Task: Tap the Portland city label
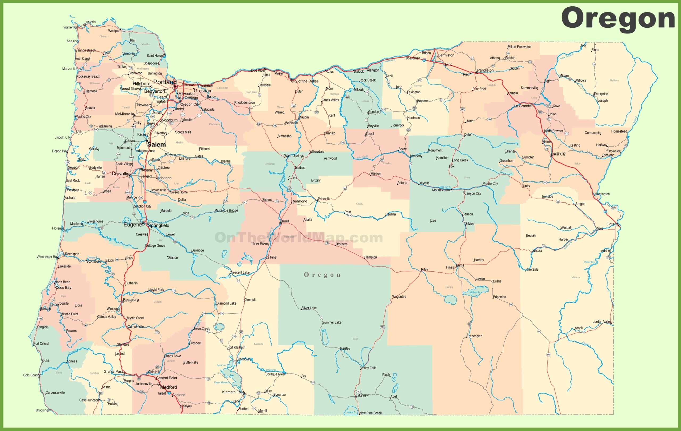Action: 165,82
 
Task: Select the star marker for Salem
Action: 147,140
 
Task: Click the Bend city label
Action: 285,221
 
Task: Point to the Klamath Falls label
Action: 232,392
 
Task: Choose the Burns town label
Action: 460,265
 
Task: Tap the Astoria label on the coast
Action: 91,22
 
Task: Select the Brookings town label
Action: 42,410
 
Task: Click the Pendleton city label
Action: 485,70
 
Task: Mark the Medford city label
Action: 169,387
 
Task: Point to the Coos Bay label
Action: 63,288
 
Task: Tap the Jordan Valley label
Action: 602,322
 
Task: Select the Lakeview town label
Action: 362,395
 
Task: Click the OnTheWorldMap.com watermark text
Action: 299,237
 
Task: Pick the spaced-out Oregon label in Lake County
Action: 322,275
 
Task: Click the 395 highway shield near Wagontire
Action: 383,327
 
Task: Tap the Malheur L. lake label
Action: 474,292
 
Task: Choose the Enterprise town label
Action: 601,94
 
